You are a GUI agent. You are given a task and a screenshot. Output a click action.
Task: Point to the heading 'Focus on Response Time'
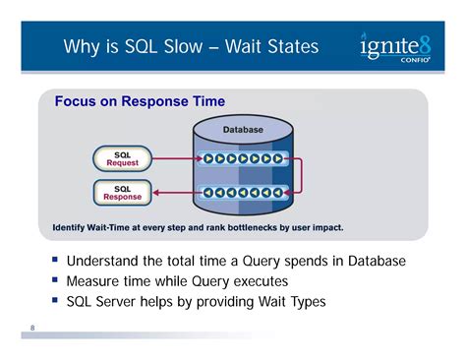140,101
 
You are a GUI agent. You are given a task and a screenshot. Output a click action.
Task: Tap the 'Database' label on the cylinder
242,129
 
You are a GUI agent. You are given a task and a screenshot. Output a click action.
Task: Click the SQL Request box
123,157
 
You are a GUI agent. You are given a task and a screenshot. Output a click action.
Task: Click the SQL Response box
123,192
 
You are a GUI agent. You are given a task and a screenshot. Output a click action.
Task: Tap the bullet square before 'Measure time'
55,280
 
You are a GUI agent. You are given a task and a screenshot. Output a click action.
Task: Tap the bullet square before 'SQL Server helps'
55,301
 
